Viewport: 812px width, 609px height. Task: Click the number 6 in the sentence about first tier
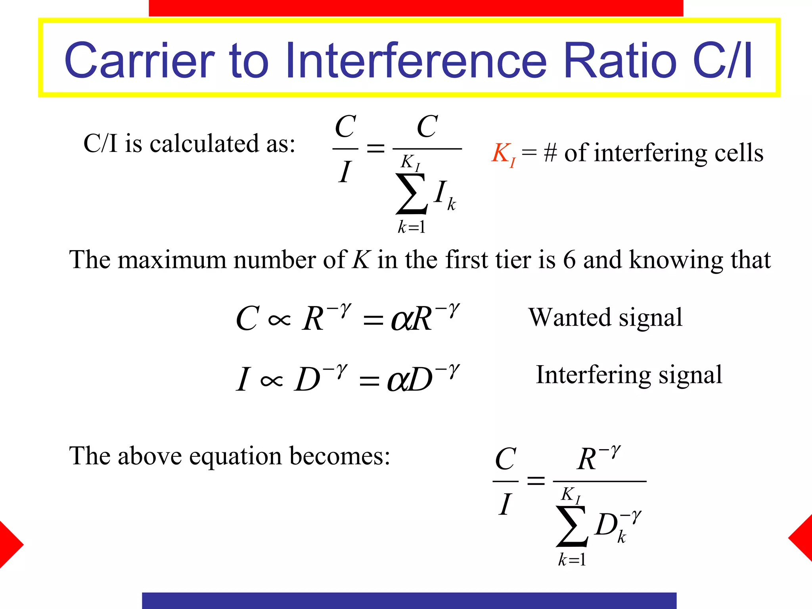[569, 260]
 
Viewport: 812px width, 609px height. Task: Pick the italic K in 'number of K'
[361, 260]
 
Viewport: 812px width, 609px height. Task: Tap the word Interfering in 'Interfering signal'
[593, 375]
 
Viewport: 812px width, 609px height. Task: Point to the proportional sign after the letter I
[272, 381]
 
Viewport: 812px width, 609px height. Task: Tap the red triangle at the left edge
[10, 545]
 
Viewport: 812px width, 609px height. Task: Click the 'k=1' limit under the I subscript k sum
[412, 227]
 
